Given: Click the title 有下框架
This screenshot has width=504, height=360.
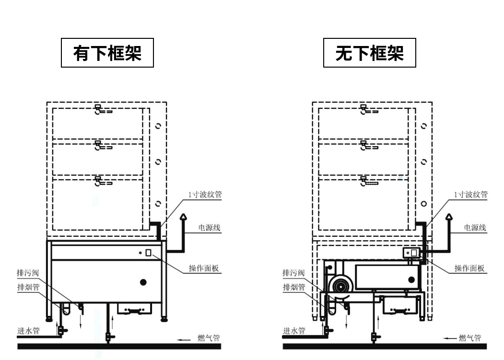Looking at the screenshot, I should click(x=107, y=53).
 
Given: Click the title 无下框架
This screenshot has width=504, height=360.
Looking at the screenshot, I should click(x=369, y=53).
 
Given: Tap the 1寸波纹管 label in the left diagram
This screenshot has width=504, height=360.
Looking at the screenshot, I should click(x=205, y=195).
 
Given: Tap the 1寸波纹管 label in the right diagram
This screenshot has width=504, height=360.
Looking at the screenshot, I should click(x=471, y=195).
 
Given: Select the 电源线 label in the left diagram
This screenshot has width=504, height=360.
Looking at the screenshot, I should click(x=210, y=228).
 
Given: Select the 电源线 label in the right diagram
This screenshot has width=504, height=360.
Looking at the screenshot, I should click(x=475, y=228).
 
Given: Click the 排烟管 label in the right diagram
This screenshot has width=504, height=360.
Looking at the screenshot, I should click(x=293, y=287).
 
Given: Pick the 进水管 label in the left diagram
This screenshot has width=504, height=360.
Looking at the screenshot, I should click(x=28, y=331).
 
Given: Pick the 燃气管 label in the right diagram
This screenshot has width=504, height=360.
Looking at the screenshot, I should click(x=470, y=338).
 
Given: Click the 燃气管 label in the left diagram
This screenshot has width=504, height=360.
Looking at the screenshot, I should click(x=209, y=338).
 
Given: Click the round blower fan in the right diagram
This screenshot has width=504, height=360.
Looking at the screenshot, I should click(x=341, y=287).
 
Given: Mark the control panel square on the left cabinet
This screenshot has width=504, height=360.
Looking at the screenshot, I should click(x=149, y=253).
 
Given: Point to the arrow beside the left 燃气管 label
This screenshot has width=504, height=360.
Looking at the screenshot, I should click(x=184, y=339).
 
